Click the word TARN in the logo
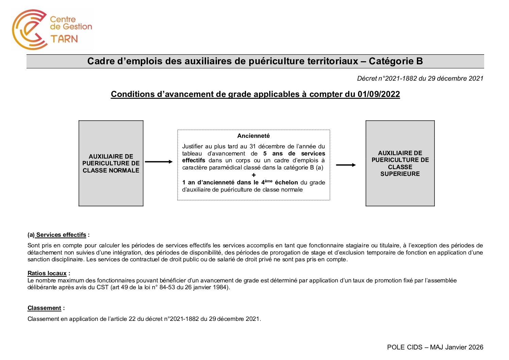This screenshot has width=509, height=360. [x=64, y=39]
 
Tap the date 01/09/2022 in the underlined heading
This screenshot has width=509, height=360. [x=378, y=94]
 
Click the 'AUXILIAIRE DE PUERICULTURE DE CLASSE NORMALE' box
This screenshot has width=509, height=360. [x=111, y=163]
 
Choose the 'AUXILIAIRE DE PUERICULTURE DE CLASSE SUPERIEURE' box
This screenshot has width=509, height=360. [x=400, y=163]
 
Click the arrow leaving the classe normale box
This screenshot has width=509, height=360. [x=159, y=162]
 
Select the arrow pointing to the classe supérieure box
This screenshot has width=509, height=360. [x=346, y=165]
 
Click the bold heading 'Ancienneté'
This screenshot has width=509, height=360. [x=253, y=136]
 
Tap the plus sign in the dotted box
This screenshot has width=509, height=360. [x=254, y=175]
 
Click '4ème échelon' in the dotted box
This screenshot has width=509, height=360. [x=279, y=182]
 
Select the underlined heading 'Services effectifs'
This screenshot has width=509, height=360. [x=61, y=235]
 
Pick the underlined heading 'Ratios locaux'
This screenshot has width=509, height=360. [x=47, y=273]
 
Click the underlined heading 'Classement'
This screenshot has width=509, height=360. [x=44, y=308]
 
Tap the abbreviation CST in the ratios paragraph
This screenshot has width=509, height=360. [x=103, y=287]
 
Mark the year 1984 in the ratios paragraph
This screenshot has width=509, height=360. [x=219, y=287]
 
